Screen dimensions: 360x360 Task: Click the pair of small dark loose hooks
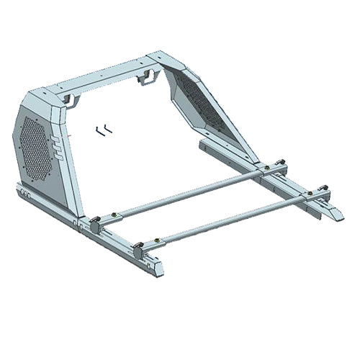104,130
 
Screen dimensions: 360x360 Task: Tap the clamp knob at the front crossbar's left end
137,251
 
